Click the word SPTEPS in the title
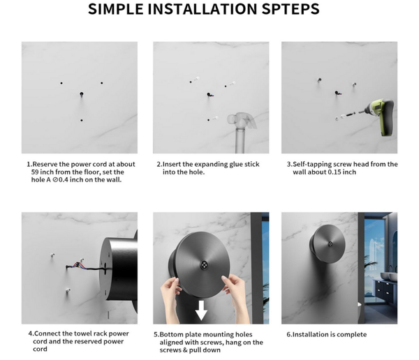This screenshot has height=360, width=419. click(x=291, y=9)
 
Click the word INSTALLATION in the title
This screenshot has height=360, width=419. click(x=203, y=9)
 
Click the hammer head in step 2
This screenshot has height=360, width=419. click(x=242, y=120)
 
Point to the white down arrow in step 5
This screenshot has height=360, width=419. click(x=201, y=310)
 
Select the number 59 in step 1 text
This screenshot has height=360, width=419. click(x=35, y=172)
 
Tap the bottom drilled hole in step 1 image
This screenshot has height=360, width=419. click(x=82, y=121)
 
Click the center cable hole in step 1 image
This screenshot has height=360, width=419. click(x=82, y=94)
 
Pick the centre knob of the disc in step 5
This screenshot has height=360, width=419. click(x=204, y=264)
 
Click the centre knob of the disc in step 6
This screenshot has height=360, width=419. click(x=330, y=243)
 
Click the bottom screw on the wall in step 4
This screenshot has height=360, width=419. click(x=68, y=290)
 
